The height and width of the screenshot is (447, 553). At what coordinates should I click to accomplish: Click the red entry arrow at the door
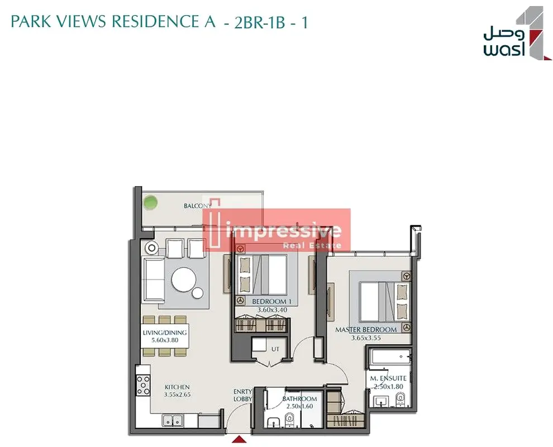tap(239, 439)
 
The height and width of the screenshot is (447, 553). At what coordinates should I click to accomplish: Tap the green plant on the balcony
tap(151, 203)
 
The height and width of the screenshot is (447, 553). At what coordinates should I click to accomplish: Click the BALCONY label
tap(198, 206)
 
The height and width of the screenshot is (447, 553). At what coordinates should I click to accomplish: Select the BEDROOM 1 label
tap(271, 302)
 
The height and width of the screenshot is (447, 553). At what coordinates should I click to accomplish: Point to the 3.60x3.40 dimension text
tap(272, 310)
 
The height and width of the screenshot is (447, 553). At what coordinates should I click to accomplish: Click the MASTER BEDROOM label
tap(366, 330)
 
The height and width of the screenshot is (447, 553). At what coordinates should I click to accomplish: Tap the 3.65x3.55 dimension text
tap(366, 338)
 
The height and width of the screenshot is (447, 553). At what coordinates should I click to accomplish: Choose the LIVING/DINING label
tap(165, 332)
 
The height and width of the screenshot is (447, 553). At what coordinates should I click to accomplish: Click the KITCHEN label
tap(177, 387)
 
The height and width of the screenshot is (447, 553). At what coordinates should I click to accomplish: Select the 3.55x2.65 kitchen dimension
tap(177, 395)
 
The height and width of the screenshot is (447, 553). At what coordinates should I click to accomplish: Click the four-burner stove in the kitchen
tap(144, 386)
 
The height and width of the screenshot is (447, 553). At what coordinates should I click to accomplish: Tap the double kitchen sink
tap(173, 421)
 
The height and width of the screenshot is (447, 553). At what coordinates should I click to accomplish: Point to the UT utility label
tap(275, 349)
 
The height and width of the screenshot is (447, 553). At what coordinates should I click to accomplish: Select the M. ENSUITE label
tap(388, 378)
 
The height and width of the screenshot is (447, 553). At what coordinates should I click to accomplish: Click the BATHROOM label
tap(299, 399)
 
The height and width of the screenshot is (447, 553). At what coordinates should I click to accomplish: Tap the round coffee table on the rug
tap(184, 279)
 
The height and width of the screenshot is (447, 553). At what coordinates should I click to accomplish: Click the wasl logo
tap(517, 34)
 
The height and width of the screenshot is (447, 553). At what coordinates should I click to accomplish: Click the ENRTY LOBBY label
tap(242, 395)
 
